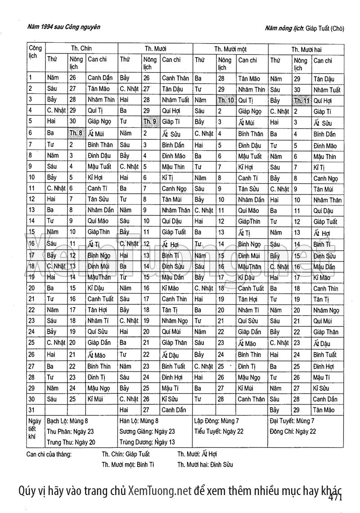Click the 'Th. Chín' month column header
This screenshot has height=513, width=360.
point(81,48)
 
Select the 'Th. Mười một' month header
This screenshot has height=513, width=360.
point(230,49)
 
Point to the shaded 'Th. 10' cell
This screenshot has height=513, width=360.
point(225,100)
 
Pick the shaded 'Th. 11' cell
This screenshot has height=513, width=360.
point(301,100)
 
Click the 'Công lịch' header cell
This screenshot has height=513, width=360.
point(35,52)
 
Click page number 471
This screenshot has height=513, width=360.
point(336,497)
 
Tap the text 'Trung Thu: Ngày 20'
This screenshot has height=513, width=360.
point(71,442)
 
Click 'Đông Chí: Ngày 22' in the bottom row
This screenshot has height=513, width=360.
point(293,431)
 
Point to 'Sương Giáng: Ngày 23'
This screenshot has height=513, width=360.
point(147,431)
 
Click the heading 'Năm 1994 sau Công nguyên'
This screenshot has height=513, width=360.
point(63,27)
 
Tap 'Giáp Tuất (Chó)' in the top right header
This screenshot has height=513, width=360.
point(324,28)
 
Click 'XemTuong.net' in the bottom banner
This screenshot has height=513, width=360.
point(160,490)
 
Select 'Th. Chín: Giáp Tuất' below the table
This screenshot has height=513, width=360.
point(126,454)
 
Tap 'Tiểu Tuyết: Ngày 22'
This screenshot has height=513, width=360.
point(219,431)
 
